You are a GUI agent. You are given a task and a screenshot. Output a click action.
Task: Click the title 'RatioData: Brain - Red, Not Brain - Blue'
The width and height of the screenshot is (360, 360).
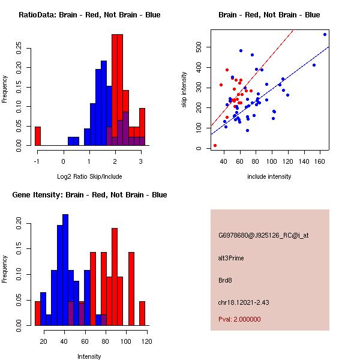pyautogui.click(x=89, y=15)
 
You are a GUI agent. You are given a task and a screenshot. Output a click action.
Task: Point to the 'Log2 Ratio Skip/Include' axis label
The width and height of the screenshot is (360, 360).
pyautogui.click(x=89, y=176)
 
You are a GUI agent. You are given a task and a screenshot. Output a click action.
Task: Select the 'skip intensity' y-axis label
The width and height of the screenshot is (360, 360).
pyautogui.click(x=185, y=90)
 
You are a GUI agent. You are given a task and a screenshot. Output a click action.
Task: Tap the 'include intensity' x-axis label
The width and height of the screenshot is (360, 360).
pyautogui.click(x=269, y=176)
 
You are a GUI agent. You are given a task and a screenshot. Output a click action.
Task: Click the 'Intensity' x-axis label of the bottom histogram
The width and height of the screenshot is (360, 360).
pyautogui.click(x=89, y=356)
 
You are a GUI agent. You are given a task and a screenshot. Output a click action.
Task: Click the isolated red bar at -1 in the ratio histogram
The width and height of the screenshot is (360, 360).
pyautogui.click(x=37, y=136)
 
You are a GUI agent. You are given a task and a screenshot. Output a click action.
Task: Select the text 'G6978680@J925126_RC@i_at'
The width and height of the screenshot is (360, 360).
pyautogui.click(x=263, y=236)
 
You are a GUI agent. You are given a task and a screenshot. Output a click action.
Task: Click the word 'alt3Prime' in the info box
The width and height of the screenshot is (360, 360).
pyautogui.click(x=231, y=258)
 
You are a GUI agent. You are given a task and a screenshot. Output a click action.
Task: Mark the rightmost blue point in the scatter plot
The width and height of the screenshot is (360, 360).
pyautogui.click(x=325, y=34)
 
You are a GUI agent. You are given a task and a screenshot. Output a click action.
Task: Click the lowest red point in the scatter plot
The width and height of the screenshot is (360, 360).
pyautogui.click(x=215, y=145)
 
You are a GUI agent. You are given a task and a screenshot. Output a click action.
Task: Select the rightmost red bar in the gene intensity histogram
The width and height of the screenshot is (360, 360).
pyautogui.click(x=142, y=313)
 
